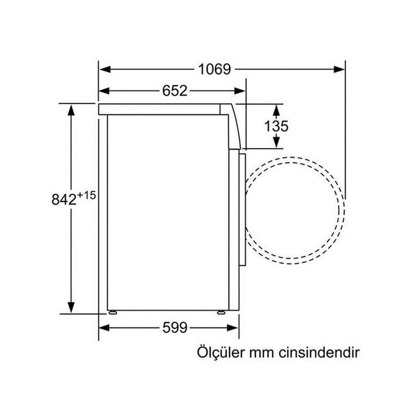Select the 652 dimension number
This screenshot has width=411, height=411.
(175, 91)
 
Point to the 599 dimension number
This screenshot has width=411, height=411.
(173, 327)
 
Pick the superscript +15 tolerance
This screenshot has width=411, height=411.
(87, 195)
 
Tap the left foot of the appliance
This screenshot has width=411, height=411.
(111, 312)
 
